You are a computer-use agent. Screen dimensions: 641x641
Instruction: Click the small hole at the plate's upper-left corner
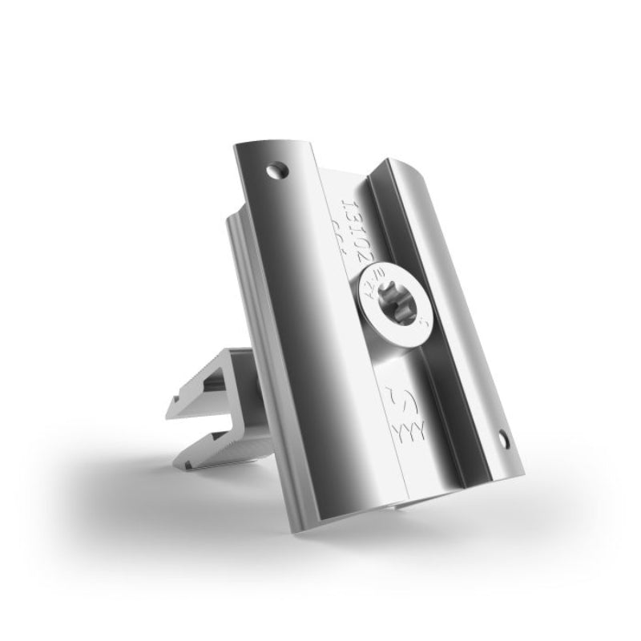point(277,169)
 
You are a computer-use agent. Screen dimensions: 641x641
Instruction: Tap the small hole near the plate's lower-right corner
point(503,437)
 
